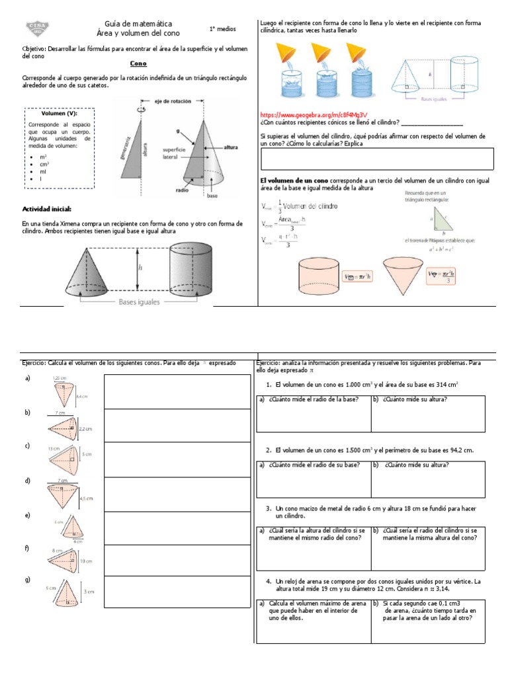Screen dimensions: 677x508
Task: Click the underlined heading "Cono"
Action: coord(138,64)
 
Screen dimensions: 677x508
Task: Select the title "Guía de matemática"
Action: coord(138,23)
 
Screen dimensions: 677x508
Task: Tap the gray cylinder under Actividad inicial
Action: coord(192,268)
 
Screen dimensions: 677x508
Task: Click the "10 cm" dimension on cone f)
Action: coord(86,561)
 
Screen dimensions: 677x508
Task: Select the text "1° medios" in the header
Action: coord(222,30)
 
